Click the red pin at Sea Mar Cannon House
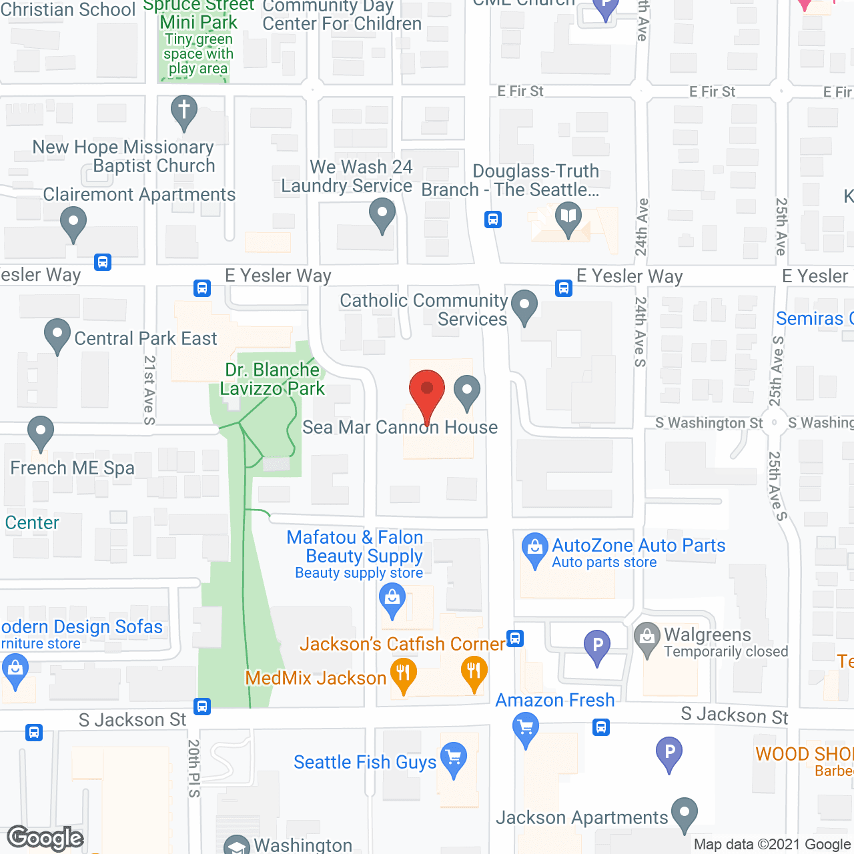(426, 390)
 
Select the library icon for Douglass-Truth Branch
(568, 218)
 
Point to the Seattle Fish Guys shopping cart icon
(454, 757)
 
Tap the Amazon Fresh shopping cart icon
(526, 727)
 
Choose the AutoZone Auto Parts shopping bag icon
(534, 548)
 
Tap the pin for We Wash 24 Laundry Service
(382, 215)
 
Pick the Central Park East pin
(57, 334)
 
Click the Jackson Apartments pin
(685, 812)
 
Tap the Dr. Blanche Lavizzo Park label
(272, 379)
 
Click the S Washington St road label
(709, 423)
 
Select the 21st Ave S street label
(149, 390)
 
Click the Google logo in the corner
(45, 838)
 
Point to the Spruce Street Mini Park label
(199, 15)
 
